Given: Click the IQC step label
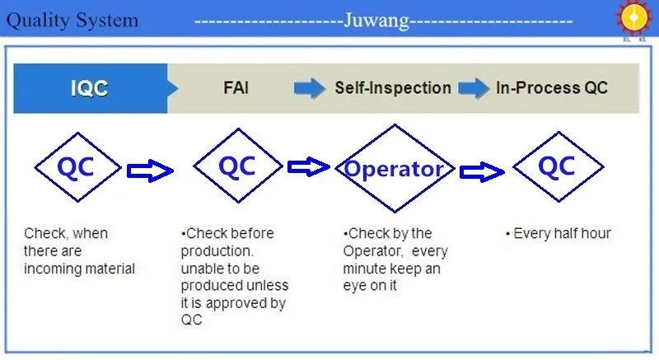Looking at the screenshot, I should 89,88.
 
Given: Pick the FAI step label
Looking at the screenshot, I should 236,88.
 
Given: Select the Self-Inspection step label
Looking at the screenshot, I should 392,88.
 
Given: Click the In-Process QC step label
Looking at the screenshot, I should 551,88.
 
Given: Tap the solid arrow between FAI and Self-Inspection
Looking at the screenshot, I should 309,88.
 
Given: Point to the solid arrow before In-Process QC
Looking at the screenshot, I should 474,88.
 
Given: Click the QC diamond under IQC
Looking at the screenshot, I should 76,168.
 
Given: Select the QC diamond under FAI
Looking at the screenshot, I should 237,167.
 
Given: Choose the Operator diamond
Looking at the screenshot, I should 394,170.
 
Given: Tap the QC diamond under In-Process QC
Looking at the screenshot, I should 556,167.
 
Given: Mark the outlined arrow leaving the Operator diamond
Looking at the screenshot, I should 482,171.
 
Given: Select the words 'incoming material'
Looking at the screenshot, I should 79,269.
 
